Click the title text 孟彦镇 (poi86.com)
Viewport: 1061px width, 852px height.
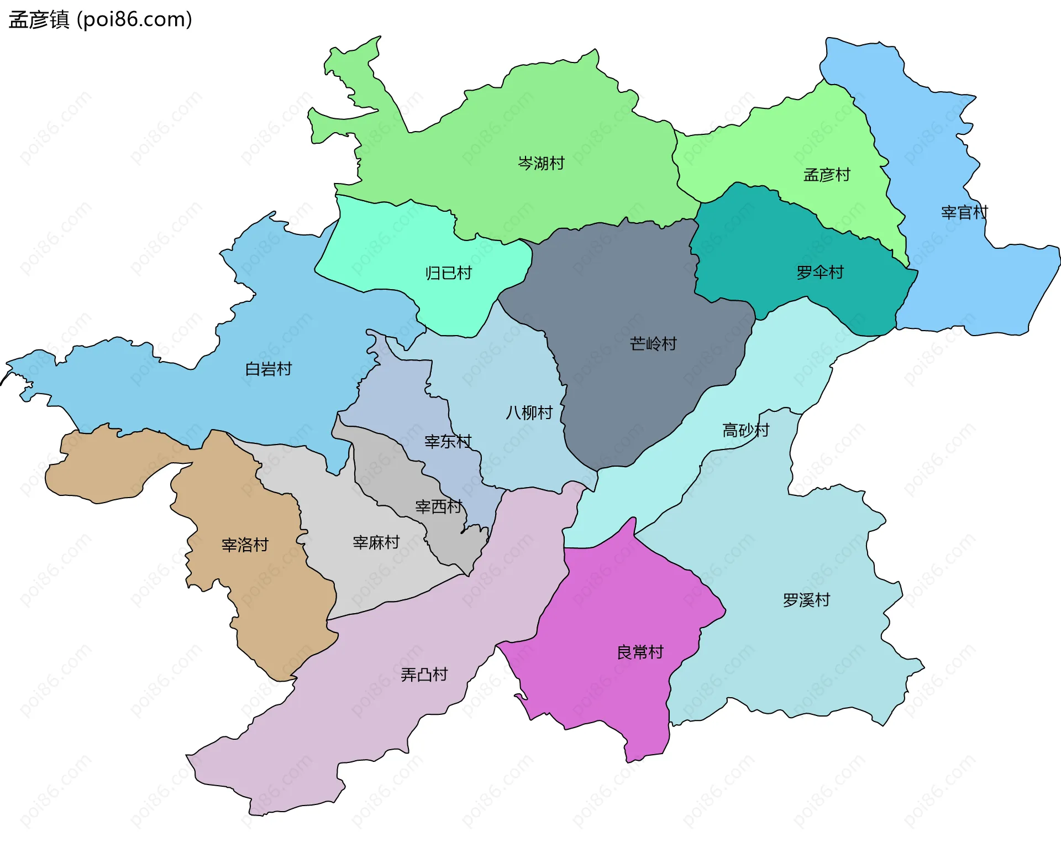tap(100, 19)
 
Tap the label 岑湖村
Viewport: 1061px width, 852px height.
tap(541, 163)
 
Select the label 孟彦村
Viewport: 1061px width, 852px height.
tap(827, 175)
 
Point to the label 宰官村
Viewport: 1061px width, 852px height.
tap(964, 212)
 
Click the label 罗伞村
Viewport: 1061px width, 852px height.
tap(820, 272)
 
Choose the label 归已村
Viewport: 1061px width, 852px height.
tap(449, 273)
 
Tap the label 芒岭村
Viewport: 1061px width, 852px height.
tap(653, 344)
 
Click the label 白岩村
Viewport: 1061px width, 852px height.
tap(269, 369)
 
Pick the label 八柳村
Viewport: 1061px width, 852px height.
tap(529, 412)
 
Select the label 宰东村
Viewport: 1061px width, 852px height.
tap(448, 441)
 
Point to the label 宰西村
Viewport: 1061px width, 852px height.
tap(439, 506)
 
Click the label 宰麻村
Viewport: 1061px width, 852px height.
tap(376, 542)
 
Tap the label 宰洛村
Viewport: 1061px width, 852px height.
tap(245, 545)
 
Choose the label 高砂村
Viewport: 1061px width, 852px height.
tap(746, 430)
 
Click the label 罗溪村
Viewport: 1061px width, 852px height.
tap(806, 600)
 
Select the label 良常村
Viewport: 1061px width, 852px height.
tap(640, 652)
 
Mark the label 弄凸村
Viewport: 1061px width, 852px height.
tap(424, 675)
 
